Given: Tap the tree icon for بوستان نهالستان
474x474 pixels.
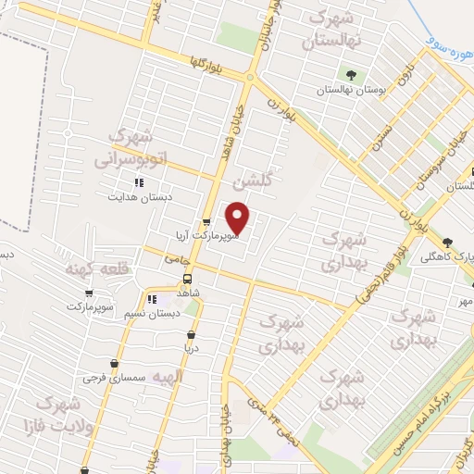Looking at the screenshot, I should tap(349, 76).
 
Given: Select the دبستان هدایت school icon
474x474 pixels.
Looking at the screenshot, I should tap(140, 182).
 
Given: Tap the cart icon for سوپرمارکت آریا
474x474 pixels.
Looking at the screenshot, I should tap(206, 222).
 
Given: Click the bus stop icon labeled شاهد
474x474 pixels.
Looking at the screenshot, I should tap(187, 279).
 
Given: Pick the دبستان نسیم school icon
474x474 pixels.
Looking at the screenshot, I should tap(154, 299).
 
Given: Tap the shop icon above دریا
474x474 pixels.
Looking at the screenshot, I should tap(191, 335).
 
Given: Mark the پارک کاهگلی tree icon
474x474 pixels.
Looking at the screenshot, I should tap(447, 242).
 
